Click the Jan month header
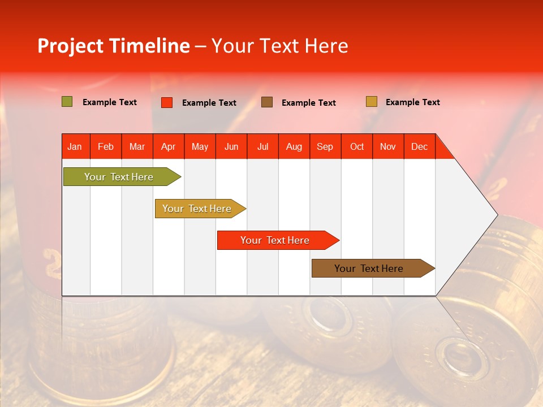click(75, 146)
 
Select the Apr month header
click(168, 146)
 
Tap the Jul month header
click(262, 146)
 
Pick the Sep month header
click(325, 146)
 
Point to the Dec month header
click(419, 146)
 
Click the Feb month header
click(106, 146)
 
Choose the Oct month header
click(357, 146)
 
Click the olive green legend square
click(67, 102)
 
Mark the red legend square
click(167, 102)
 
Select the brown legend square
click(267, 102)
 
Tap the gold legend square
click(371, 102)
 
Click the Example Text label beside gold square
click(412, 102)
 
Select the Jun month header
click(231, 146)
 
